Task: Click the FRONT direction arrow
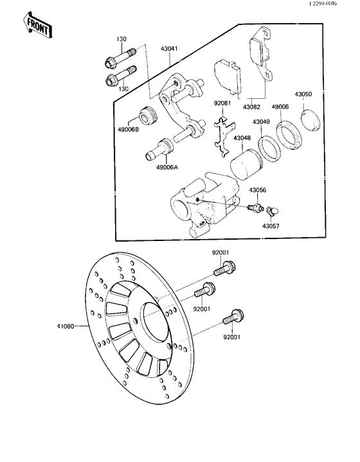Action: click(x=37, y=24)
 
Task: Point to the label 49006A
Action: click(x=166, y=168)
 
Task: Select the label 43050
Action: click(x=303, y=94)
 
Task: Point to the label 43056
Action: click(x=257, y=190)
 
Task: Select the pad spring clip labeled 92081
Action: click(x=220, y=134)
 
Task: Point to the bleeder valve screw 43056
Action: click(x=255, y=208)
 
